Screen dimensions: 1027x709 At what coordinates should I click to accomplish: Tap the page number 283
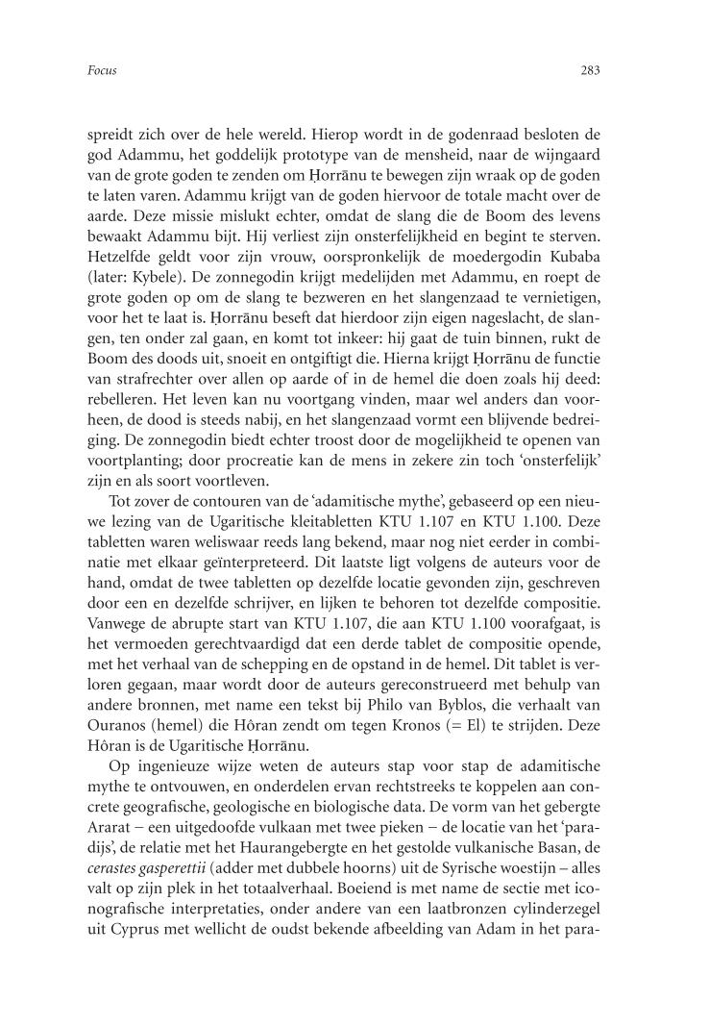point(591,69)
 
